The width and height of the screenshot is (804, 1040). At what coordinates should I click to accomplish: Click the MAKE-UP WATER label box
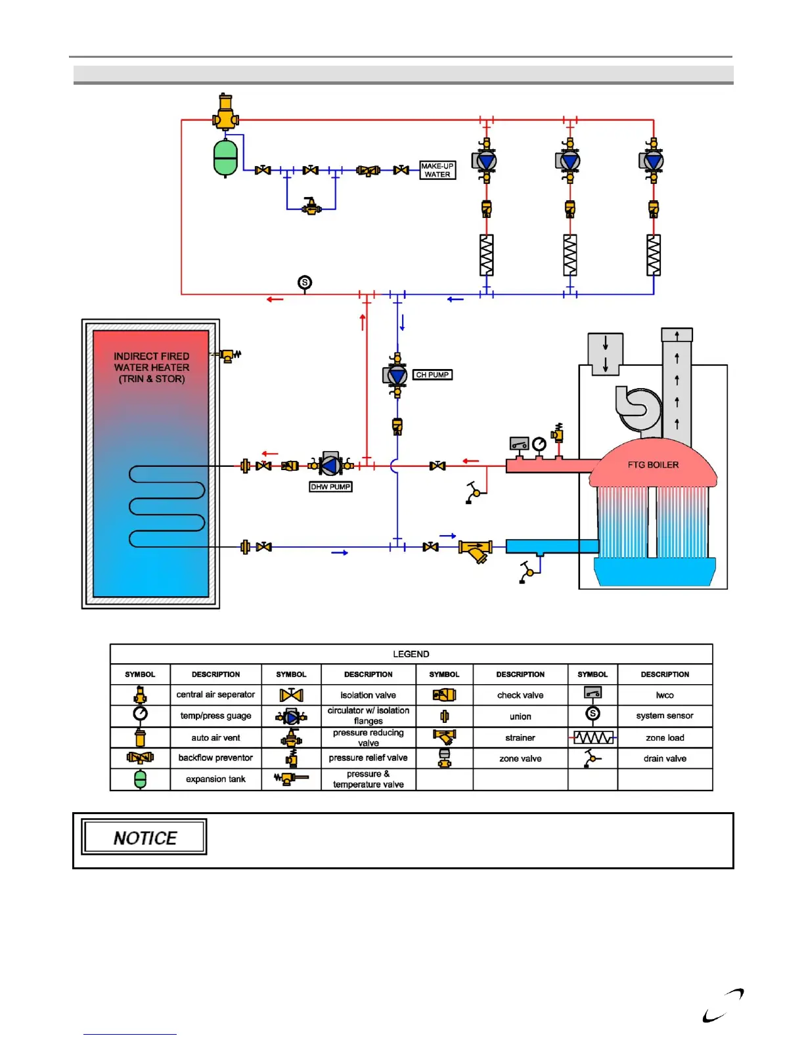[437, 171]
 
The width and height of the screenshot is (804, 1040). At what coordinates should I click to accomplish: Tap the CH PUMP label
[432, 375]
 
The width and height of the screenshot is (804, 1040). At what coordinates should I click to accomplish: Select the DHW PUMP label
[330, 487]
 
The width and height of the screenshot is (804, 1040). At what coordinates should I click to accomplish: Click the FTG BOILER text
[653, 465]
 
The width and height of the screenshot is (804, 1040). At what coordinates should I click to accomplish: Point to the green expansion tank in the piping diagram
[225, 158]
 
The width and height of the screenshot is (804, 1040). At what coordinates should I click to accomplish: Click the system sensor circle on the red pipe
[305, 282]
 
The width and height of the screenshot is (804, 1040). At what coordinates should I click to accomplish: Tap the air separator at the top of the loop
[225, 113]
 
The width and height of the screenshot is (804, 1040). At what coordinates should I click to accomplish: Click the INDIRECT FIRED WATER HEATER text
[152, 368]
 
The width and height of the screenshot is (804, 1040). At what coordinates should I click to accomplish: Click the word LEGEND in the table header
[411, 654]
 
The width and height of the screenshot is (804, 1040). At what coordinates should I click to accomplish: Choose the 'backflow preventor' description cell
[215, 758]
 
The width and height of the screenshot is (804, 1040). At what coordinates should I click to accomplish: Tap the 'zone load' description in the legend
[665, 737]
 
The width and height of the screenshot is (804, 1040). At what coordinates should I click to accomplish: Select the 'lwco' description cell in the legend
[665, 695]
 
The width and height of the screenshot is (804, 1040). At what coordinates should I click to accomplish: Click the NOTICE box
[145, 837]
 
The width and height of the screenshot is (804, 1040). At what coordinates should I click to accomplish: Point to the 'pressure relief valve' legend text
[368, 758]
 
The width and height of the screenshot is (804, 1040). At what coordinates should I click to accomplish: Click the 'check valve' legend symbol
[444, 695]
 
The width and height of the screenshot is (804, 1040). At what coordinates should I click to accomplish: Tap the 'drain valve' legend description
[665, 758]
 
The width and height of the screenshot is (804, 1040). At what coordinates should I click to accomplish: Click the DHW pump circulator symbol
[330, 466]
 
